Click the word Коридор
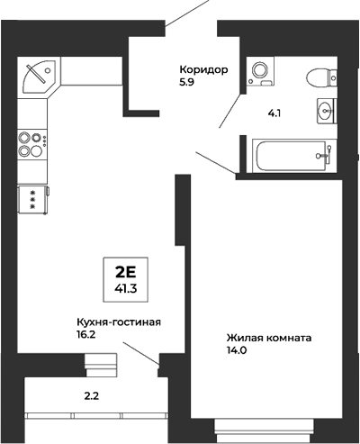(204, 70)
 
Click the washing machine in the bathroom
(261, 69)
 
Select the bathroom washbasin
(325, 112)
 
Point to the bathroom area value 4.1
(274, 114)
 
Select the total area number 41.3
(126, 290)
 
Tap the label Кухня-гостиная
(118, 322)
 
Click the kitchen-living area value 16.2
(88, 336)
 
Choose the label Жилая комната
(269, 339)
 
